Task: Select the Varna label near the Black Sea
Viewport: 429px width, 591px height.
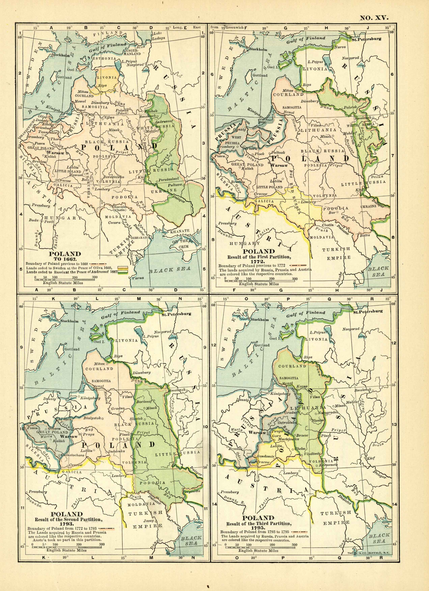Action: click(x=138, y=278)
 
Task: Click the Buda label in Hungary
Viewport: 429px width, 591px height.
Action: click(x=34, y=220)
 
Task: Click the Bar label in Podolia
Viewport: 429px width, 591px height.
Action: click(x=332, y=213)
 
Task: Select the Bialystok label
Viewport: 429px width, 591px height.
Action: click(x=92, y=418)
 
